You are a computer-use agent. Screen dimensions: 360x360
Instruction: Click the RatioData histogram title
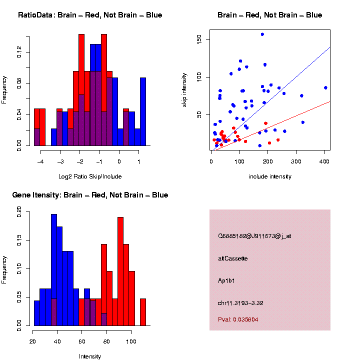[90, 15]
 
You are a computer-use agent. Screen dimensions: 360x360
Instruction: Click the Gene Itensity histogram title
[90, 195]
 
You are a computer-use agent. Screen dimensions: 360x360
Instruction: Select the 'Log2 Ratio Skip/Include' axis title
[90, 176]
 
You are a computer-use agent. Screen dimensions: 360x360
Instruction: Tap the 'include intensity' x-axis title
[270, 176]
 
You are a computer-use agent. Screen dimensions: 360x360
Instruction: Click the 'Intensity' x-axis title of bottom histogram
[90, 356]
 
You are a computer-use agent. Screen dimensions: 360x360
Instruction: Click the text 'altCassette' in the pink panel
[233, 258]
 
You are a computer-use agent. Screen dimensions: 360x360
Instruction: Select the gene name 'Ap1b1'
[226, 280]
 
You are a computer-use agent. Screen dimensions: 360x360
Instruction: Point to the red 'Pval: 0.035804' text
[238, 319]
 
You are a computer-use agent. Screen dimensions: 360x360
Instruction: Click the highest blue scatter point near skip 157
[262, 34]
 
